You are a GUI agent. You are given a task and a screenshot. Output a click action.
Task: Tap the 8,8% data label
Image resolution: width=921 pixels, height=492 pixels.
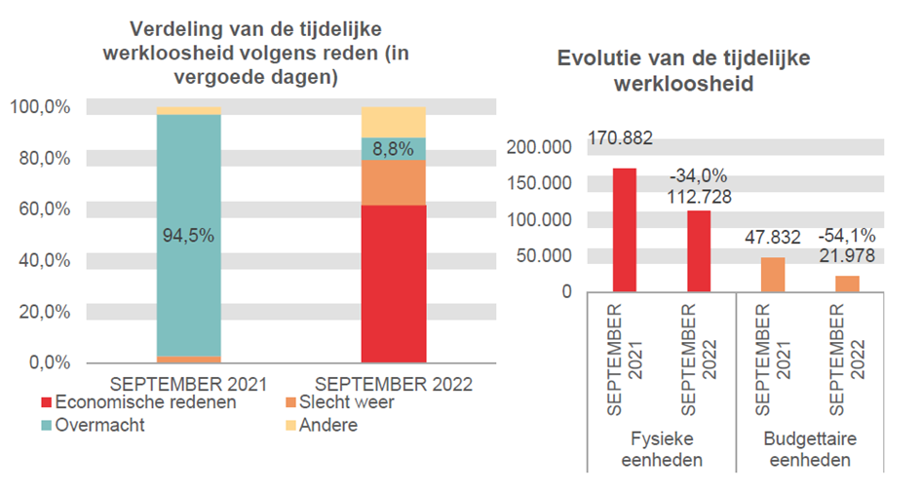click(x=386, y=150)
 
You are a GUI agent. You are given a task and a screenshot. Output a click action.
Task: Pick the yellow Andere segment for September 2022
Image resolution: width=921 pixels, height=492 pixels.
click(x=394, y=122)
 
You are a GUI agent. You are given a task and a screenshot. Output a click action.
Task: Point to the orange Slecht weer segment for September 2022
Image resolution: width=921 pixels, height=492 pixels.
click(x=394, y=182)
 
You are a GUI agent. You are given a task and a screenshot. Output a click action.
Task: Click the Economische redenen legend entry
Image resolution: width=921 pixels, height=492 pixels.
click(x=137, y=402)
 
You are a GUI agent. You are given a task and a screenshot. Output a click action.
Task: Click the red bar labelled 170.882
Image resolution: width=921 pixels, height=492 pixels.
click(x=625, y=230)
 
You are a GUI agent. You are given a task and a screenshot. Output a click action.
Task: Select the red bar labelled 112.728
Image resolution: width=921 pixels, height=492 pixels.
click(x=699, y=250)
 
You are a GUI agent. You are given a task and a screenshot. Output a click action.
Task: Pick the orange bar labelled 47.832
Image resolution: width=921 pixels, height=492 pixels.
click(x=773, y=274)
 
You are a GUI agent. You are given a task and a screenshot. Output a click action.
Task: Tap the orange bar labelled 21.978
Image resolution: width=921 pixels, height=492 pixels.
click(x=847, y=284)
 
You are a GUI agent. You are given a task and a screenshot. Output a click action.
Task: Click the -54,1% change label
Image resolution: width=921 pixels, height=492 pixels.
click(x=847, y=236)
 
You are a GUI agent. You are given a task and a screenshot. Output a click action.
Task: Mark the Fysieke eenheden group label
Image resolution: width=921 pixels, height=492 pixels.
click(x=662, y=450)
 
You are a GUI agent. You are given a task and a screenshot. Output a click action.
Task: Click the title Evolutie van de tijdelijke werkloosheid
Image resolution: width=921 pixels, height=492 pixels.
click(x=683, y=71)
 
